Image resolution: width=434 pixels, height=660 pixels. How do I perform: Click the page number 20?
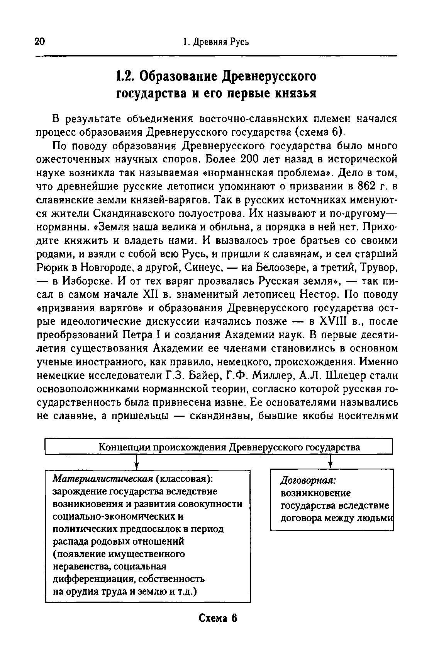(40, 42)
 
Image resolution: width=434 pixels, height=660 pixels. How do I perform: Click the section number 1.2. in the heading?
(125, 76)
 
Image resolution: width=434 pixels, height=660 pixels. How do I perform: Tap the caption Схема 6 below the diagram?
(217, 618)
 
